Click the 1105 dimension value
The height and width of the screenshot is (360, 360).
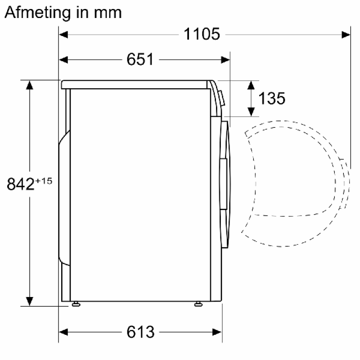[202, 34]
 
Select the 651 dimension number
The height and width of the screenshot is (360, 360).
[140, 59]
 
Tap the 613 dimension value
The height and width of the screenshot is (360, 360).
[140, 332]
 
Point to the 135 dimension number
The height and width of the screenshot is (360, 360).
[272, 99]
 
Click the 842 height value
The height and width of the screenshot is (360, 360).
[21, 184]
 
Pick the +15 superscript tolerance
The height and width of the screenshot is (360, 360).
[44, 181]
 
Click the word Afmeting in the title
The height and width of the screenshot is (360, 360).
[37, 13]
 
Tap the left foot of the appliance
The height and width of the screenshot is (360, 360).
[76, 304]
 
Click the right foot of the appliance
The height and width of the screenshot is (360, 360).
[198, 304]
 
